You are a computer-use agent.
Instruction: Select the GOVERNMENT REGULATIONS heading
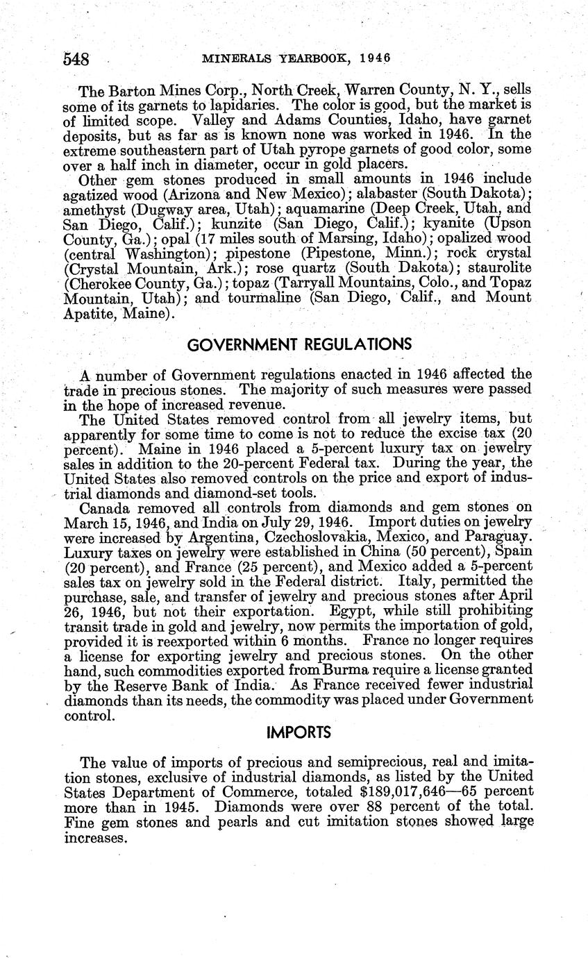point(300,344)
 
